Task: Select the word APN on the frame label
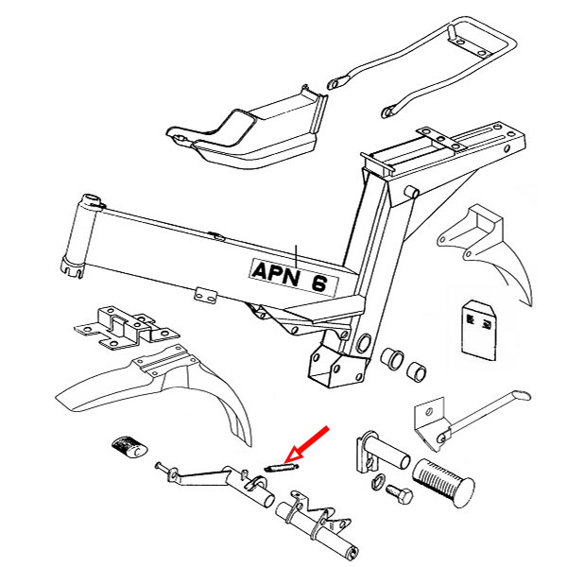[275, 269]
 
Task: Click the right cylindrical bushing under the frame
[416, 369]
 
